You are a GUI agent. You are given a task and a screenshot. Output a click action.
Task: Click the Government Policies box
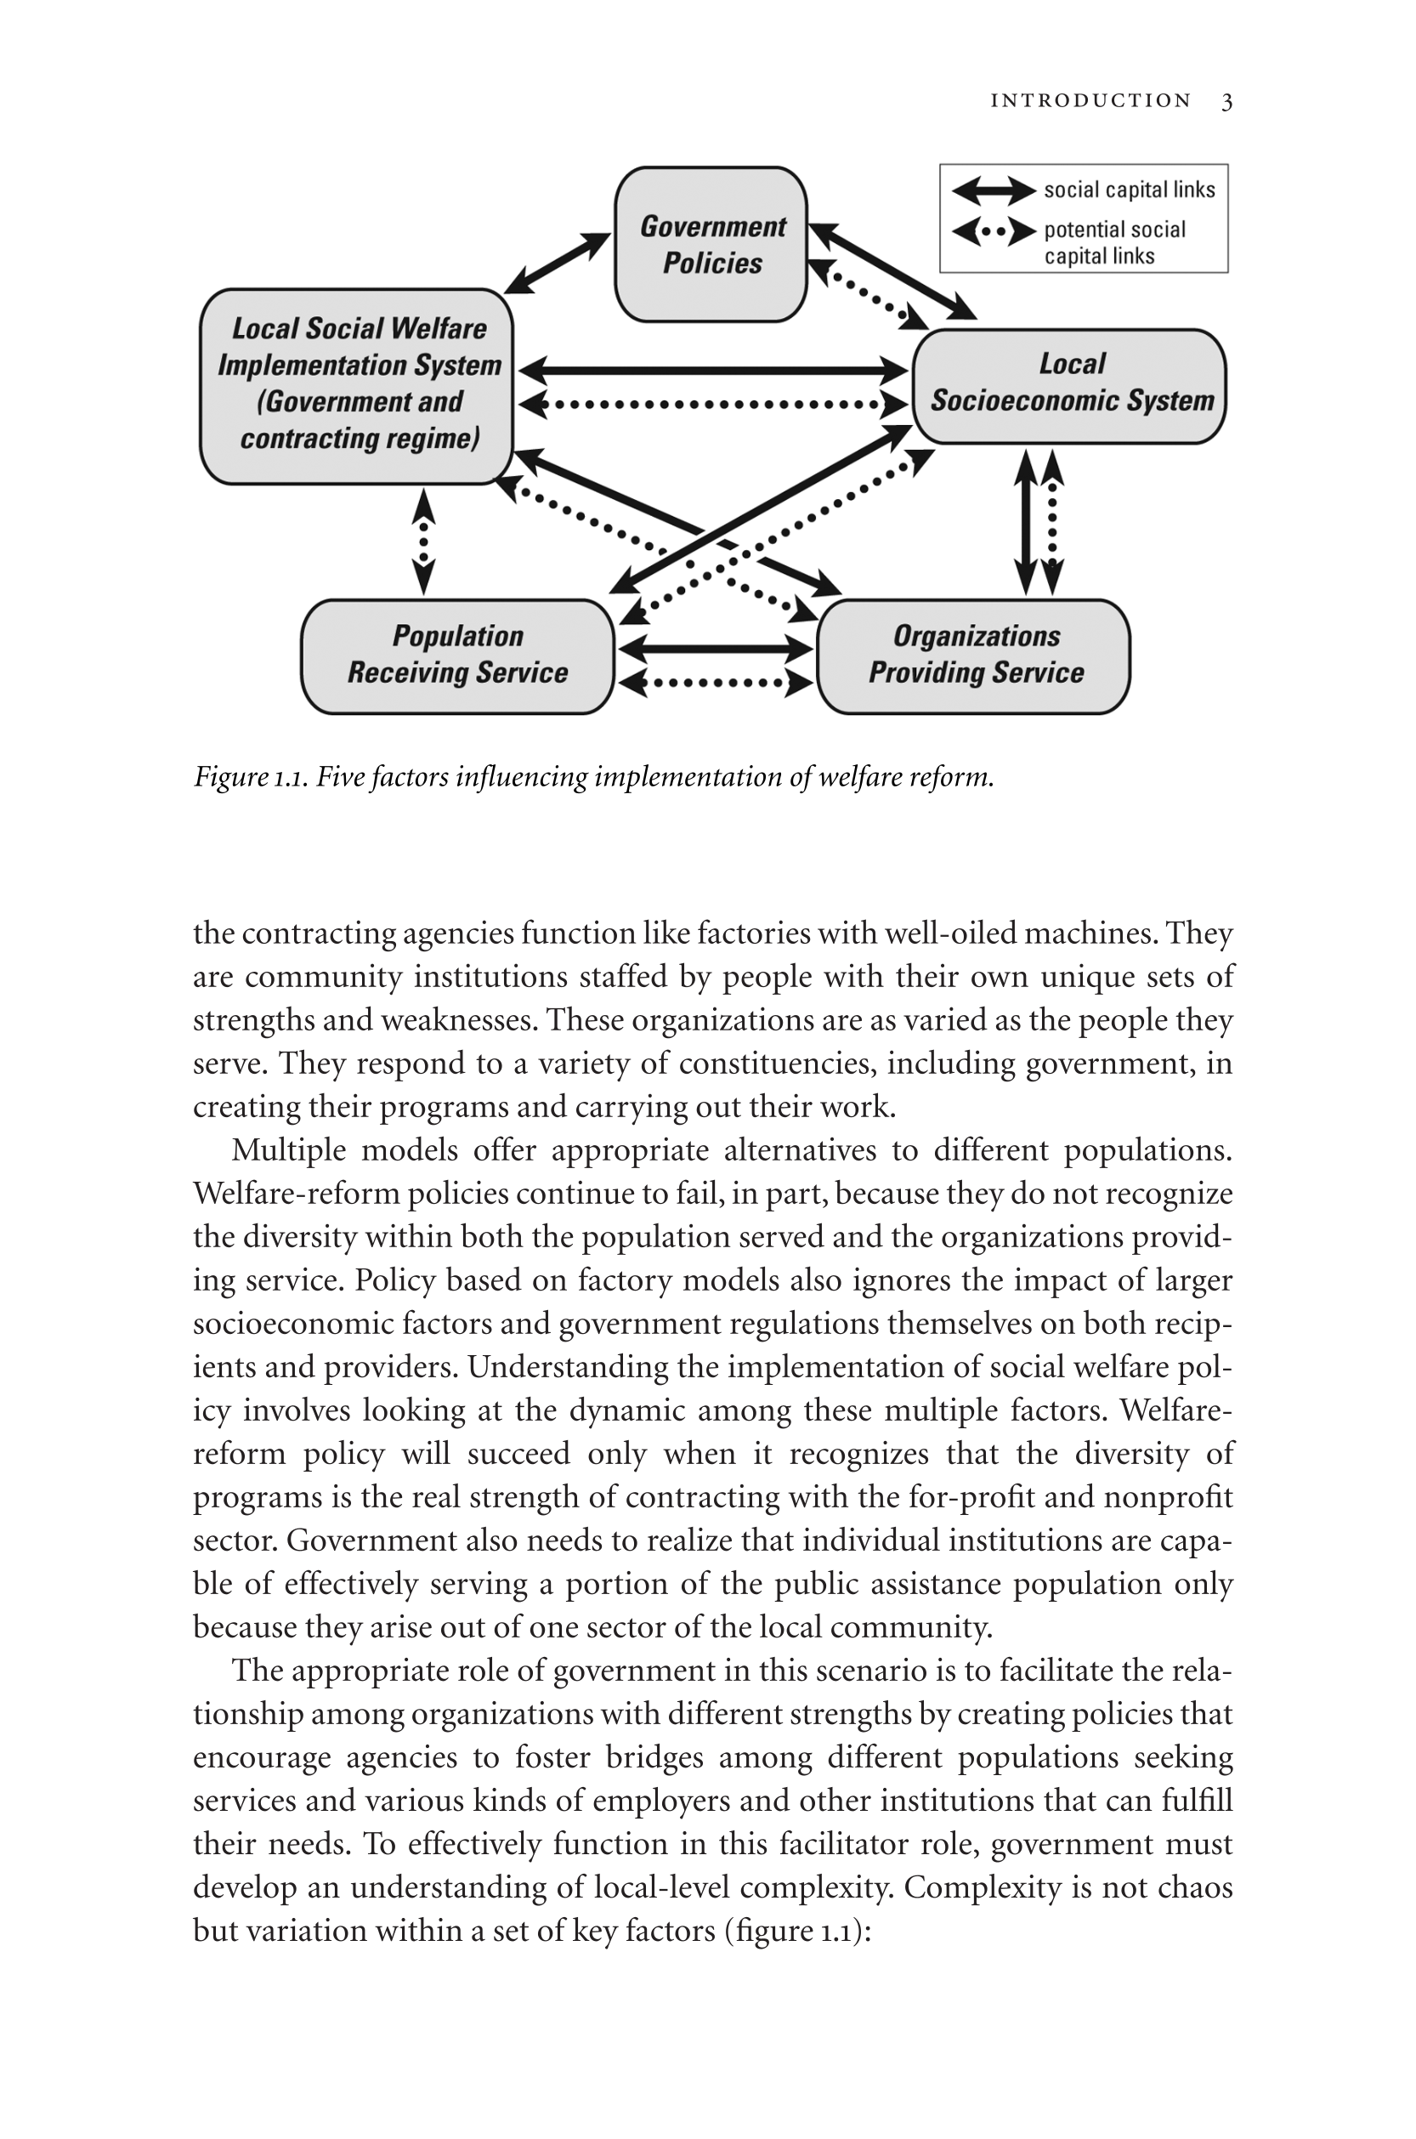pos(711,244)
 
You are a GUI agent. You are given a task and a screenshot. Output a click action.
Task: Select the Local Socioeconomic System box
pos(1070,386)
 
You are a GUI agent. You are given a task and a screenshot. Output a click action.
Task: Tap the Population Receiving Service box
pos(457,655)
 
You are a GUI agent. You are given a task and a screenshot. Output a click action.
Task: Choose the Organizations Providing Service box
pos(974,655)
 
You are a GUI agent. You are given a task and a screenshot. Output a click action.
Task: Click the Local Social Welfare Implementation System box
pos(357,386)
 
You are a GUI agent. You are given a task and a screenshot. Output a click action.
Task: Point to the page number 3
pos(1226,101)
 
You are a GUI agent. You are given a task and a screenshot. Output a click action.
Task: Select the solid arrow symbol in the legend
pos(994,190)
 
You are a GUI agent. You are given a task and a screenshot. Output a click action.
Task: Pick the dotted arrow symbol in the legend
pos(994,231)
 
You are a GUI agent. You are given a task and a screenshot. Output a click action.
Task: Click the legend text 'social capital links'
pos(1129,190)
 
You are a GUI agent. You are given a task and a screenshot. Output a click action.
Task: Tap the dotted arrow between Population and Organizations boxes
pos(716,683)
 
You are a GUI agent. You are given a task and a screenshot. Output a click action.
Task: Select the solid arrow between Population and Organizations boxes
pos(716,648)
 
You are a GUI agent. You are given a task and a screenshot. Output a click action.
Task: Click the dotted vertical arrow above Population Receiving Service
pos(423,542)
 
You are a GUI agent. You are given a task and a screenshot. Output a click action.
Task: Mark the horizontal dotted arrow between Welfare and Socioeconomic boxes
pos(713,404)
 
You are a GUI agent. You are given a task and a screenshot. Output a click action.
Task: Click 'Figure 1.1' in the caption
pos(250,777)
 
